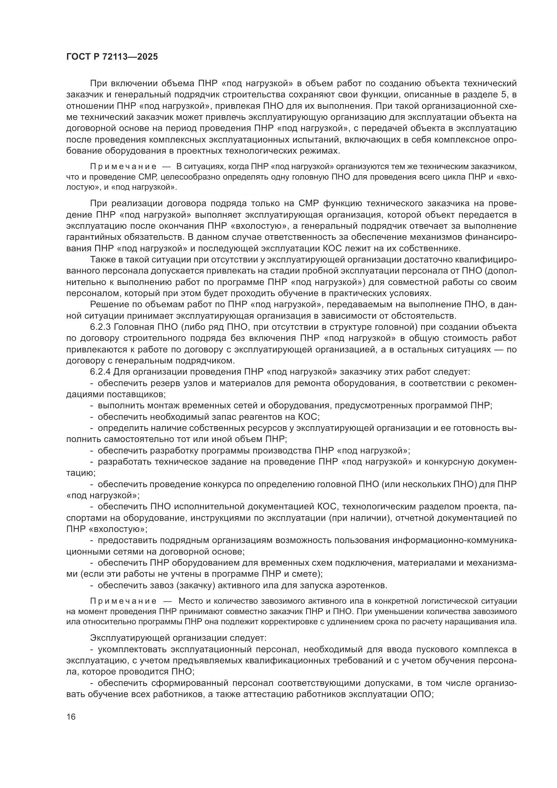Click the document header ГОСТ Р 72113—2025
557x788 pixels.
click(112, 57)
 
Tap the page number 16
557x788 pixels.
click(71, 717)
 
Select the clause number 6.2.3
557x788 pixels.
click(100, 327)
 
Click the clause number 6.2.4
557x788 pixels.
click(100, 372)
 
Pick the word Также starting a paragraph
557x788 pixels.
click(103, 259)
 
